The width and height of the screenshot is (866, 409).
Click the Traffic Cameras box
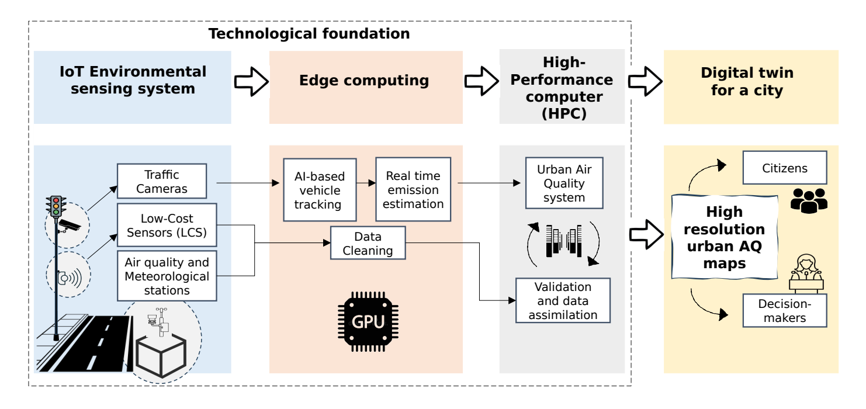pos(162,181)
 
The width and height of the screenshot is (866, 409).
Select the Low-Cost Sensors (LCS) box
pos(167,224)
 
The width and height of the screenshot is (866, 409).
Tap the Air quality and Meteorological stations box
pos(167,276)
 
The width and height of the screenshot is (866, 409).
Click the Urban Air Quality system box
pos(564,182)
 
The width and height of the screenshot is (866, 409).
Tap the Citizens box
pos(785,169)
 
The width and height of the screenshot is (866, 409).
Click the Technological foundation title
pos(309,34)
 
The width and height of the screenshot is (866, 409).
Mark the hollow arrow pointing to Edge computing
pos(250,81)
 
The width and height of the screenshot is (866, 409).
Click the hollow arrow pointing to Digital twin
pos(643,81)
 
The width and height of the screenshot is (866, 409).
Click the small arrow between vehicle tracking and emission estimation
pos(367,183)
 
